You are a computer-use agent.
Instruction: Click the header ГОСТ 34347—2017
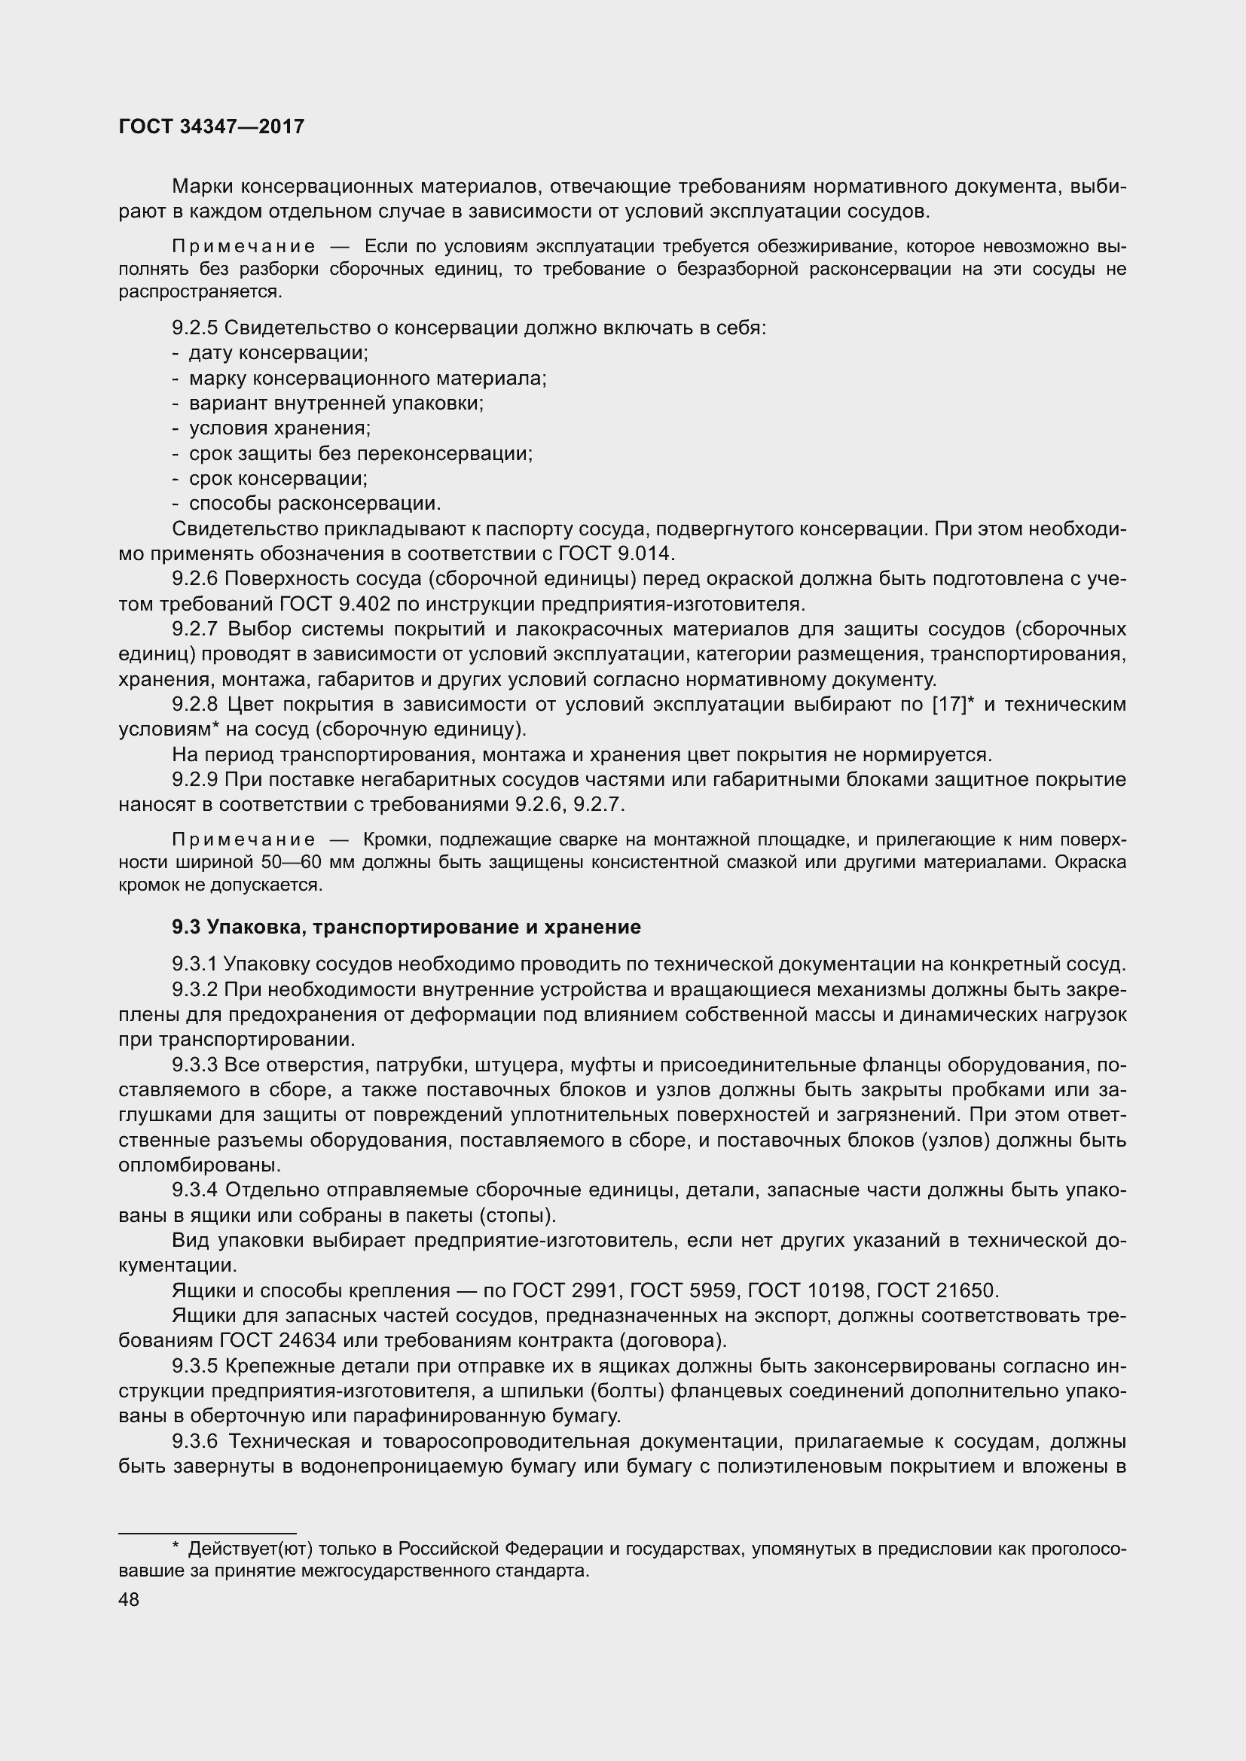[x=212, y=127]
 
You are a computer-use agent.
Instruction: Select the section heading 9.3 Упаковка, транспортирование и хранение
[x=406, y=928]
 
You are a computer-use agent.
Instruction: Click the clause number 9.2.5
[x=195, y=328]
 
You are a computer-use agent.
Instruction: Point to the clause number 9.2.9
[x=195, y=780]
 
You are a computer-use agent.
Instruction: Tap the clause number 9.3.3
[x=195, y=1065]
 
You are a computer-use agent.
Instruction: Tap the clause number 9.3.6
[x=195, y=1441]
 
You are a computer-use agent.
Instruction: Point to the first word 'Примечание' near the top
[x=243, y=247]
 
